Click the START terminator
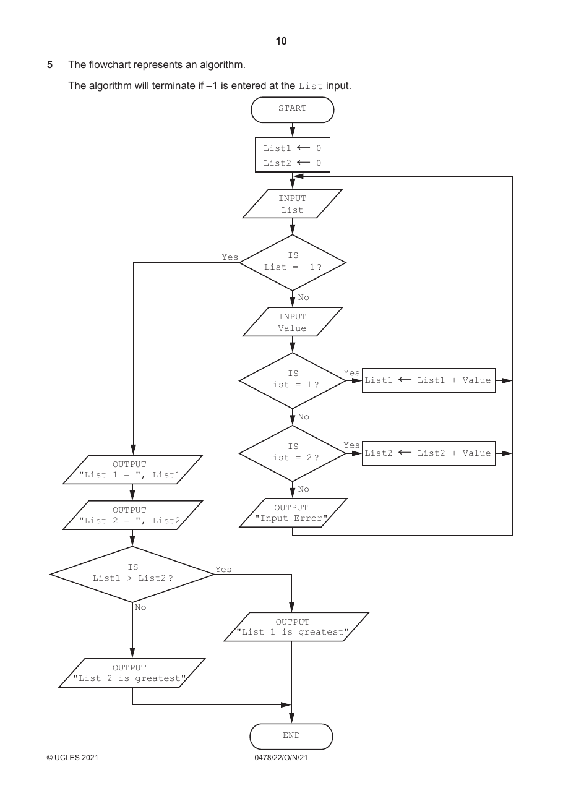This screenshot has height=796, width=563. point(292,110)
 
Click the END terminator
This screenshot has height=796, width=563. point(291,736)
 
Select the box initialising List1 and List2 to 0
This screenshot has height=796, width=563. point(292,155)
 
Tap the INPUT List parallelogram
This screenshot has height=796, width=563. point(292,203)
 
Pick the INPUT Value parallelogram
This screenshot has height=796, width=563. point(292,322)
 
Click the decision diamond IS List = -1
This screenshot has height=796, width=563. point(292,263)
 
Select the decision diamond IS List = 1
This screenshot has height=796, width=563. point(292,380)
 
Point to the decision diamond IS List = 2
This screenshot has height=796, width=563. point(292,453)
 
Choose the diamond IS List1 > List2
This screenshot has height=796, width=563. point(132,574)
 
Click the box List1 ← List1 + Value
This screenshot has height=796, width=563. point(429,380)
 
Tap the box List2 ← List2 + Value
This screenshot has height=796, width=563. point(429,453)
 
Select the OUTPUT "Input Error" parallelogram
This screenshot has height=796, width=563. point(293,513)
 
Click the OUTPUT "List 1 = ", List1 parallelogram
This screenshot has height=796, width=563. point(132,469)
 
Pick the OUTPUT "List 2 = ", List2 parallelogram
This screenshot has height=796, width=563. point(132,515)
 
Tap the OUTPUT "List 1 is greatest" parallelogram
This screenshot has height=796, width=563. point(296,627)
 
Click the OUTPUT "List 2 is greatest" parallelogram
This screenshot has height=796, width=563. point(132,673)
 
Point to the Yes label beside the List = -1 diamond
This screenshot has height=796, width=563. point(230,257)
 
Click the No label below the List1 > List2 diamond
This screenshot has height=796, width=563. point(140,607)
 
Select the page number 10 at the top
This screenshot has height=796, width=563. point(281,41)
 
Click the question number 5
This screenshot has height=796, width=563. point(49,64)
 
